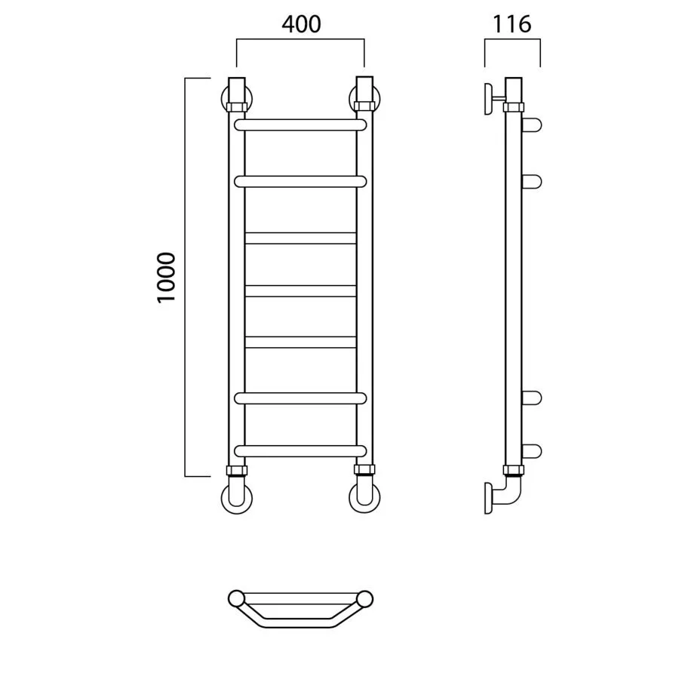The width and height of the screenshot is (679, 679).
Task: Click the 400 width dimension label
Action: pos(301,24)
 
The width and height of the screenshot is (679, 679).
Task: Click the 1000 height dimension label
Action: pos(167,278)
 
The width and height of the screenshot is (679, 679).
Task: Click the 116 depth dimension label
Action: pos(512,24)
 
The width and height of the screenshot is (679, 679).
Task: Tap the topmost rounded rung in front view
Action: pos(300,125)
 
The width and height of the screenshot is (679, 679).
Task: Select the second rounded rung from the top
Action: pos(300,181)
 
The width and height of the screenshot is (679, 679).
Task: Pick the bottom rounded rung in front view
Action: pos(300,451)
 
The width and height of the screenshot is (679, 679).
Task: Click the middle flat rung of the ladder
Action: pos(300,290)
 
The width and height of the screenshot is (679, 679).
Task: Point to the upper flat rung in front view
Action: pos(300,238)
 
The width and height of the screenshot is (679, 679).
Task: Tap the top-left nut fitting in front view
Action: pos(236,107)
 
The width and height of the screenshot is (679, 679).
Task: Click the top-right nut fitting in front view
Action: pos(364,106)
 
